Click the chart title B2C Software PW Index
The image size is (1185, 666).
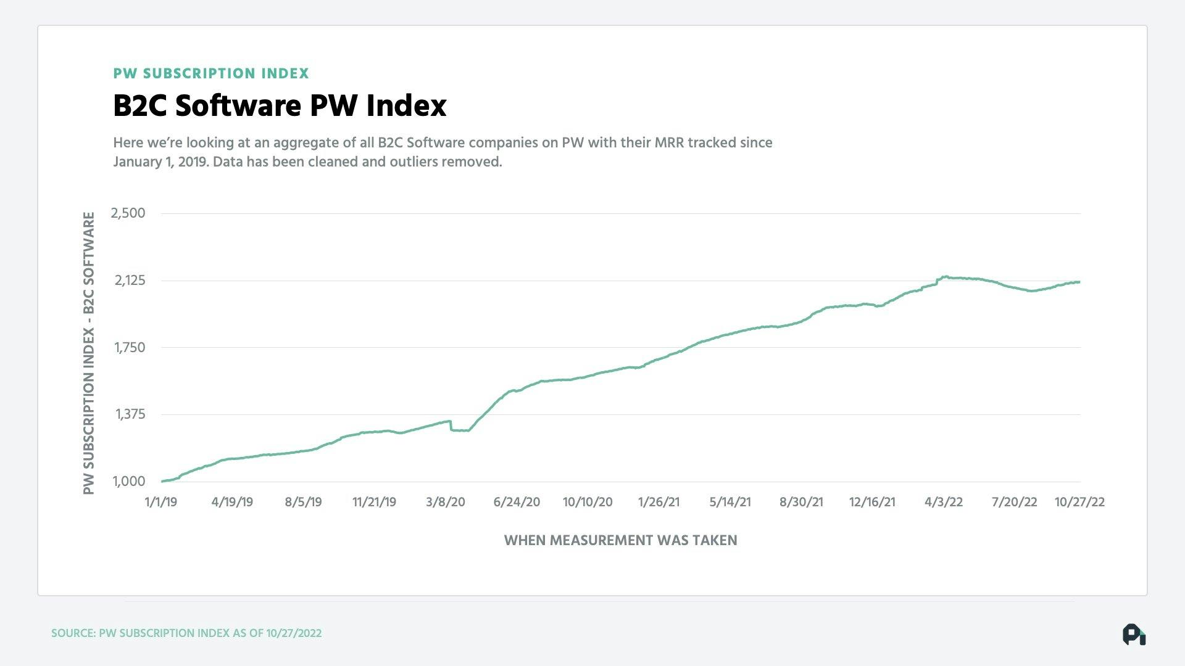click(280, 105)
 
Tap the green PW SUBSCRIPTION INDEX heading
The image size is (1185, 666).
click(211, 73)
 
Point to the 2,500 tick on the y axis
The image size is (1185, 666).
click(128, 213)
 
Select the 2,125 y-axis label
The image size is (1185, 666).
click(130, 281)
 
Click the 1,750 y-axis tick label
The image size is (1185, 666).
click(130, 348)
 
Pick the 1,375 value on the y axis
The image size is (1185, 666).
click(130, 414)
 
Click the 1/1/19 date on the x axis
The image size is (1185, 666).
click(160, 502)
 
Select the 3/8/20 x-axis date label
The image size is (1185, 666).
click(446, 502)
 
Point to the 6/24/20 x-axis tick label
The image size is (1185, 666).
click(517, 502)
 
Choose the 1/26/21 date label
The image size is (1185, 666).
click(659, 502)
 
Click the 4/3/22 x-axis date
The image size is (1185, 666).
click(943, 502)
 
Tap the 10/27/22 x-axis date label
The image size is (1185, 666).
click(1079, 502)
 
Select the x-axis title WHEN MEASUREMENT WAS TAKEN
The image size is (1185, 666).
click(620, 540)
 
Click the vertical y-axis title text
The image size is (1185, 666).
click(89, 353)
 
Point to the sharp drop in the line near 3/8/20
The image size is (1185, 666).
click(451, 425)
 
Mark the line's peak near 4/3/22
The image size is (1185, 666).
click(944, 277)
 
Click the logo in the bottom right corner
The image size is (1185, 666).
click(1134, 635)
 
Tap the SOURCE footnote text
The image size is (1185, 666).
click(186, 633)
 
